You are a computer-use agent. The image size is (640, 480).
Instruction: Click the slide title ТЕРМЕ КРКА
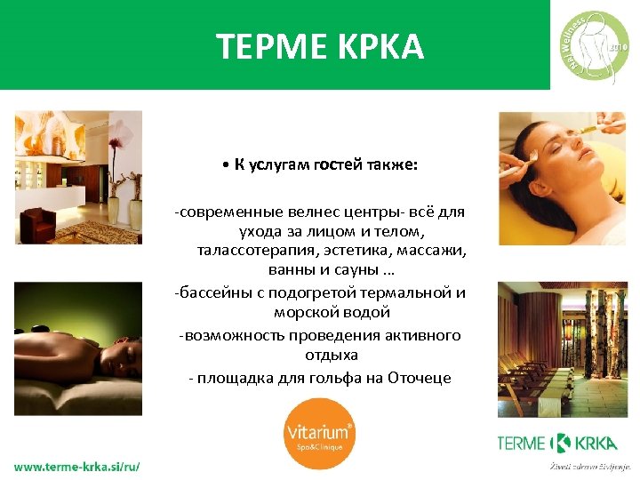coord(320,45)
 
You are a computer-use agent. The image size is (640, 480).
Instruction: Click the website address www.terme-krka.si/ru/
coord(76,467)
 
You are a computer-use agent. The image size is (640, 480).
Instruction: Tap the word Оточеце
coord(419,378)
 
